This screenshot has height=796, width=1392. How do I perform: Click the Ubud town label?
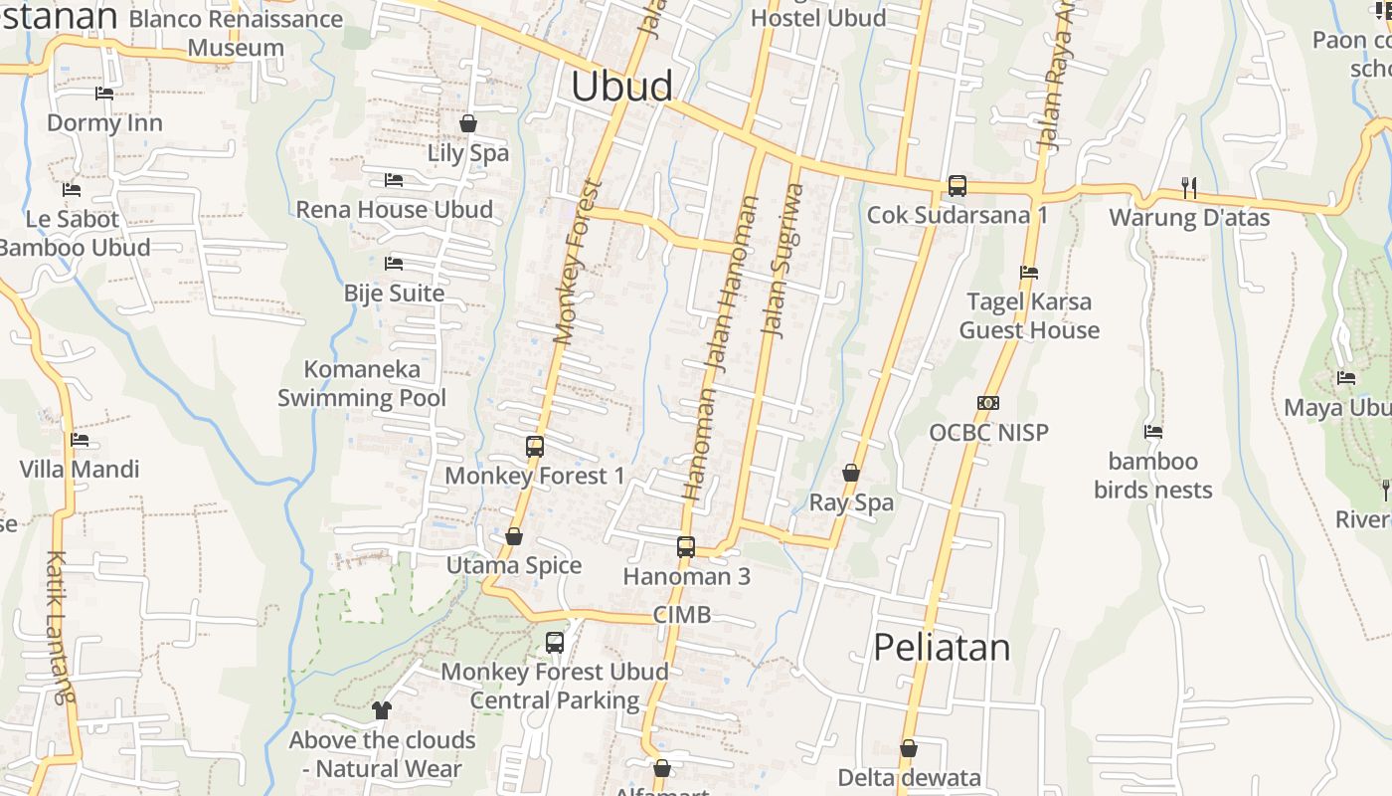[621, 87]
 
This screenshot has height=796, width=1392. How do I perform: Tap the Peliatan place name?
[942, 648]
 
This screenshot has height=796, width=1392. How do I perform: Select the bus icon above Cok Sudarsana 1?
[957, 185]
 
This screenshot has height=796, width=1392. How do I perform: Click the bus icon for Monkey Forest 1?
[535, 446]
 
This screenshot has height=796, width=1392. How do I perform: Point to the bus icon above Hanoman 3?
[686, 546]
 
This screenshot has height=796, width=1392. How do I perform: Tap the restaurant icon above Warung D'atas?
[1188, 186]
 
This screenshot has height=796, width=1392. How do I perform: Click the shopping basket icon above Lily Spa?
[468, 123]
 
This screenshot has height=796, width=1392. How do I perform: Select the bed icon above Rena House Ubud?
[394, 180]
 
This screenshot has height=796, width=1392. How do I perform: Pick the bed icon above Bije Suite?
[394, 264]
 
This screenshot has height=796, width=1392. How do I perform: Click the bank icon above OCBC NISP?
[988, 403]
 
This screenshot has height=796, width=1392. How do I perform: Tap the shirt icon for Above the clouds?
[382, 710]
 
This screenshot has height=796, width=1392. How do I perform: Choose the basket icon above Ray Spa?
[851, 473]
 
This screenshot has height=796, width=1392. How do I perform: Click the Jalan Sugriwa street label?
[782, 261]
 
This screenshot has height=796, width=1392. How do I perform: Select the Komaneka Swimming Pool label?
[362, 384]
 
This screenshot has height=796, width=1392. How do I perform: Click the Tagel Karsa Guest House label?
[1029, 315]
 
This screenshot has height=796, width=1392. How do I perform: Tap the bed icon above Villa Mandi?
[80, 440]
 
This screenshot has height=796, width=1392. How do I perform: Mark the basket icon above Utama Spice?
[514, 536]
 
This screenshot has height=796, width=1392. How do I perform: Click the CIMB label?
[682, 615]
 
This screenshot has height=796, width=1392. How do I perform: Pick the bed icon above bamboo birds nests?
[1153, 432]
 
